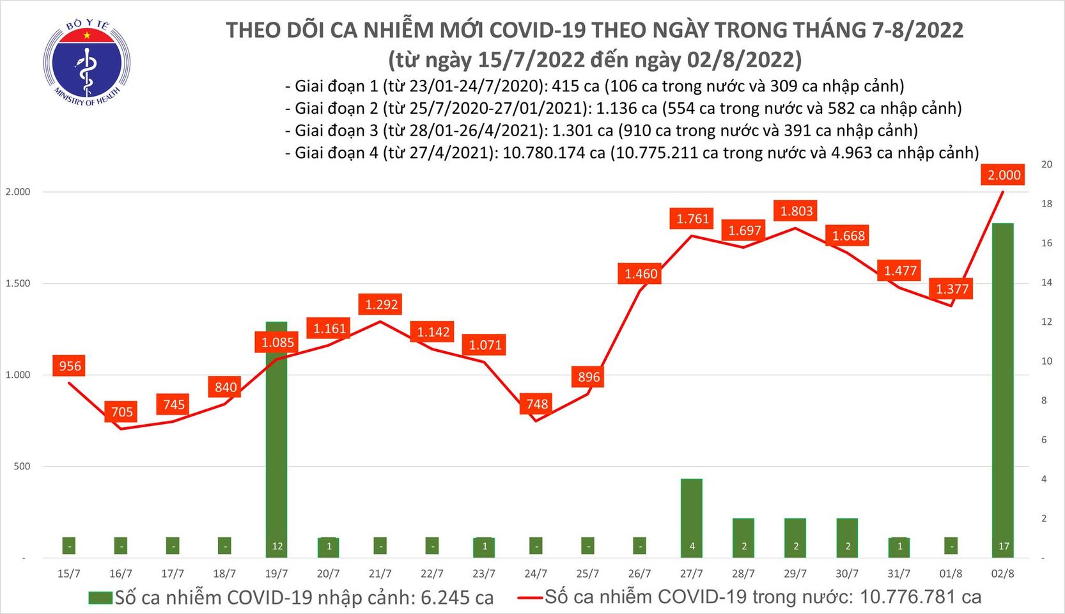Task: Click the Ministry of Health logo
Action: (87, 62)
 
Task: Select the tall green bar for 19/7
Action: (276, 435)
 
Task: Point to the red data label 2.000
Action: (1004, 175)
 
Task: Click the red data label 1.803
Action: (796, 211)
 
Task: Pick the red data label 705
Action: (121, 412)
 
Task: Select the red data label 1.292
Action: (381, 305)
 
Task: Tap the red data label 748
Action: (536, 404)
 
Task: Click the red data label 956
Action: (70, 366)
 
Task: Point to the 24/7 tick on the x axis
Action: (536, 574)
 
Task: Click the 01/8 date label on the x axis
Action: (951, 574)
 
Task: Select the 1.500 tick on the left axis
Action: (18, 283)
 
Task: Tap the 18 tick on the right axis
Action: (1046, 204)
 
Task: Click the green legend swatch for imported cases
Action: (100, 598)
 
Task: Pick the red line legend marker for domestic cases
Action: (529, 598)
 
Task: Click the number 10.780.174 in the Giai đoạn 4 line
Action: (554, 153)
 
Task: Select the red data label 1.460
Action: (641, 274)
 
